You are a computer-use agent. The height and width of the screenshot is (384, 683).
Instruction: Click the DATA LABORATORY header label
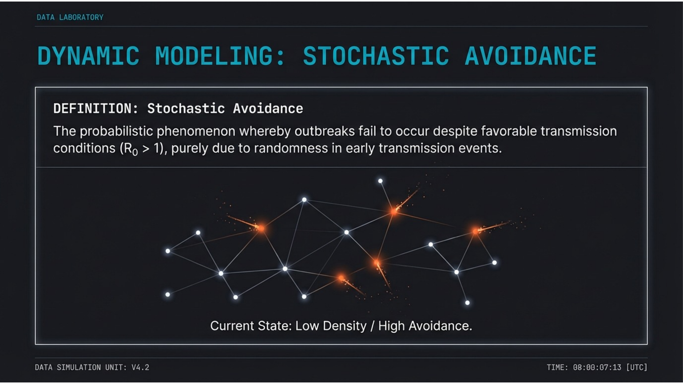[70, 17]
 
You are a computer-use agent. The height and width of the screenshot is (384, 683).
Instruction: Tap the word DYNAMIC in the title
[88, 56]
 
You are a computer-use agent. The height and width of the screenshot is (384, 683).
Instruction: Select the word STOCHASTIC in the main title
[376, 56]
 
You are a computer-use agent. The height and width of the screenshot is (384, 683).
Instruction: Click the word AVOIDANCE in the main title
[530, 56]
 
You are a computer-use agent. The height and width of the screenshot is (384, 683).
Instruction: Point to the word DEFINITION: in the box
[96, 109]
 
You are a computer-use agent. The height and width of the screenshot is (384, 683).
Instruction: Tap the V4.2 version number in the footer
[141, 367]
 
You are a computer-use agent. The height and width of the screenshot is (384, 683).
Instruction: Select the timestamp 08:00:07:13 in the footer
[597, 367]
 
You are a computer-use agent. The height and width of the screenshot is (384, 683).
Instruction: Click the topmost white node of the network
[380, 181]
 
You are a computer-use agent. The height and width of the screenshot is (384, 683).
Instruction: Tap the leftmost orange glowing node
[261, 228]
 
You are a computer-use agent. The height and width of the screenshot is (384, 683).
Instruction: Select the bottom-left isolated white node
[167, 294]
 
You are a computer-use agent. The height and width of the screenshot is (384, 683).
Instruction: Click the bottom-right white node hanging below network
[467, 303]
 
